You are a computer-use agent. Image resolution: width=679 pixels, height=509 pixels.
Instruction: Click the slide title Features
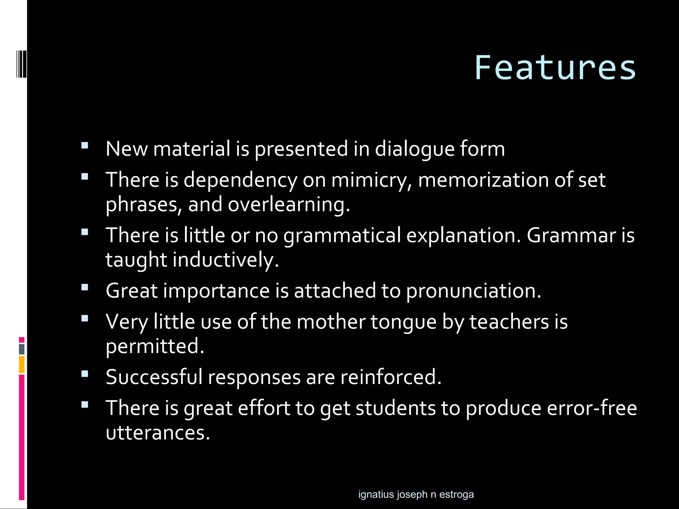click(x=555, y=68)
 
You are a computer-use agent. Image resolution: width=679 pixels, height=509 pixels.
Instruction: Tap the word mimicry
click(x=371, y=180)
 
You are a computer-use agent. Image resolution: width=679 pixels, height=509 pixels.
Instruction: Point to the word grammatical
click(x=342, y=235)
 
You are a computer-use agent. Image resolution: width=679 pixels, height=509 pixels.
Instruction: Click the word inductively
click(x=225, y=260)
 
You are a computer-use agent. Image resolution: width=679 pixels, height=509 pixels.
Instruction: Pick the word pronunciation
click(x=473, y=291)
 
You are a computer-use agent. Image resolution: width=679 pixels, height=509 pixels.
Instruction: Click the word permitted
click(x=154, y=346)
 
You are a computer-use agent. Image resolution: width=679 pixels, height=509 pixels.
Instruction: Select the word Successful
click(x=154, y=377)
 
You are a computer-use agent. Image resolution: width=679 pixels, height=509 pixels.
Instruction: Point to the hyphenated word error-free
click(x=591, y=408)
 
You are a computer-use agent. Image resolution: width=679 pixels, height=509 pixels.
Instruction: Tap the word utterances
click(x=158, y=433)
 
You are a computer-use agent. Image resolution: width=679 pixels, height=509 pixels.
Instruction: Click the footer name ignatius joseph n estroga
click(x=416, y=494)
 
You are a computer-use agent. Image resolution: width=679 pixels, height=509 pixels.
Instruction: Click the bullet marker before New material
click(x=85, y=145)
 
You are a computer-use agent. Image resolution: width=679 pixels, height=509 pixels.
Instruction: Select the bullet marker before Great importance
click(x=85, y=287)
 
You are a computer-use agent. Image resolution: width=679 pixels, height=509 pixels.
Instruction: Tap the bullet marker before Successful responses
click(x=85, y=374)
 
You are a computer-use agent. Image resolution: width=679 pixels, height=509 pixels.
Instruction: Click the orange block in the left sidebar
click(x=22, y=365)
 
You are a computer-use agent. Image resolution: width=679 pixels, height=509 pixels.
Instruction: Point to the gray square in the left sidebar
click(x=22, y=349)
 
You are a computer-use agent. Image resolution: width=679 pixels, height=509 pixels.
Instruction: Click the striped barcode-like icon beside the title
click(x=22, y=64)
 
